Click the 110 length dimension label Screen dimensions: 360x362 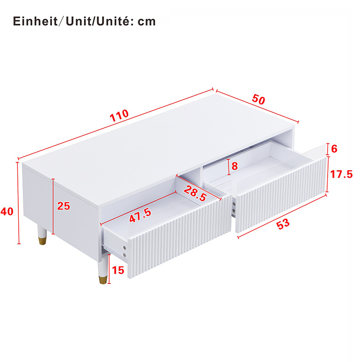[x=119, y=115]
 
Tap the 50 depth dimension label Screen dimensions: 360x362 [x=258, y=99]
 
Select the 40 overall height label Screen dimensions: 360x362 [x=7, y=211]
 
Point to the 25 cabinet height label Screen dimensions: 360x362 [x=63, y=206]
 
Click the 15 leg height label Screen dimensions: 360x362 [x=118, y=270]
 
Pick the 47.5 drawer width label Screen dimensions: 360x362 [x=140, y=215]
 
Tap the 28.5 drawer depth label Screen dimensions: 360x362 [x=195, y=194]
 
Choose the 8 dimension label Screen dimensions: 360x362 [x=235, y=166]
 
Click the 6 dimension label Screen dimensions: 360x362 [x=334, y=149]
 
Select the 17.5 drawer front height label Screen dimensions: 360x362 [x=341, y=174]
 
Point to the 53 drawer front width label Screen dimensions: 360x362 [x=283, y=224]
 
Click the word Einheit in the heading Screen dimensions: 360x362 [x=35, y=21]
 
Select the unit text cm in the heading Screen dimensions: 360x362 [x=147, y=22]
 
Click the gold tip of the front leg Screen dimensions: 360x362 [x=103, y=279]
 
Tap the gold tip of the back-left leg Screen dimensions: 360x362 [x=42, y=240]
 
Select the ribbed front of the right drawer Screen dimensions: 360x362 [x=282, y=195]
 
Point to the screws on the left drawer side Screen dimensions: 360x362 [x=125, y=251]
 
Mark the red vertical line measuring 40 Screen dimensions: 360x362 [x=19, y=203]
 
